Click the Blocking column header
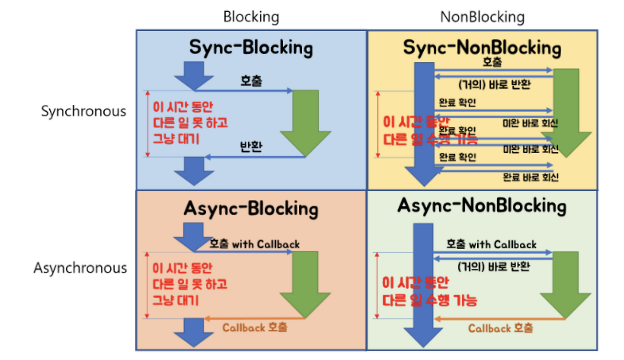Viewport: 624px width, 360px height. tap(251, 17)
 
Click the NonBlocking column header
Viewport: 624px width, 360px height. tap(482, 17)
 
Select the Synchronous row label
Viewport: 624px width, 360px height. tap(83, 111)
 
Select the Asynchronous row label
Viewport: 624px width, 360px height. tap(80, 268)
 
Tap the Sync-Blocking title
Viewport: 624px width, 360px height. tap(251, 48)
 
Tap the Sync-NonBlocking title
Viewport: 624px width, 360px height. tap(482, 48)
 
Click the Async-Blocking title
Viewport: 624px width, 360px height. tap(251, 209)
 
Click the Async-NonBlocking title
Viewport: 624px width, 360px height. tap(482, 205)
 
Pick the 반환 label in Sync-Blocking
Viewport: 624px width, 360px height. tap(251, 147)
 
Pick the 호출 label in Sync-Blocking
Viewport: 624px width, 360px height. tap(251, 81)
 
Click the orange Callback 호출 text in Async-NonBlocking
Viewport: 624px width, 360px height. tap(501, 328)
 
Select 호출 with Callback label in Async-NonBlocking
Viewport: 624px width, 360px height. tap(491, 244)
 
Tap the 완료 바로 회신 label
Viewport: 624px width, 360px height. tap(530, 177)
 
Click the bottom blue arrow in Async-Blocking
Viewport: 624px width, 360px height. tap(195, 332)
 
